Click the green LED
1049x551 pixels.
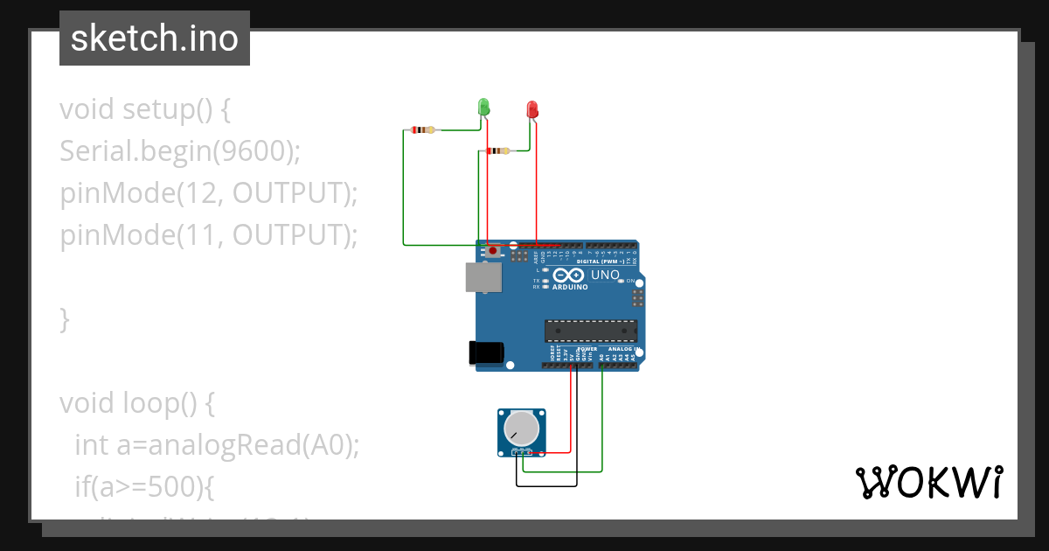pos(483,107)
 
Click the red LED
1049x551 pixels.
pos(532,109)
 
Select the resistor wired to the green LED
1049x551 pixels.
pos(423,130)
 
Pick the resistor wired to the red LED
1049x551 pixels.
pos(498,150)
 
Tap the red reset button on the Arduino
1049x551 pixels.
pos(493,251)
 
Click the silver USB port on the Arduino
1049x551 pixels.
pos(483,277)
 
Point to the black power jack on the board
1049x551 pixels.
pos(486,352)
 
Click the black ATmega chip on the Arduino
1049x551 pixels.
pos(591,331)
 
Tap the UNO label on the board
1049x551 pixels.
pos(605,275)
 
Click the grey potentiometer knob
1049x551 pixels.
pos(522,429)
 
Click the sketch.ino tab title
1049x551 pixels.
pos(155,38)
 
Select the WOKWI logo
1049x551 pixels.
pos(928,482)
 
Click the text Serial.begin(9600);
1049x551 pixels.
pos(180,151)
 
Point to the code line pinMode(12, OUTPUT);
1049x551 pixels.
pos(209,193)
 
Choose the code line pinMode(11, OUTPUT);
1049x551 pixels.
pos(209,235)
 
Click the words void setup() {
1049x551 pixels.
pos(145,109)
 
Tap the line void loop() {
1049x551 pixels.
pos(137,403)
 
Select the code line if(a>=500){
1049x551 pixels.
pos(144,487)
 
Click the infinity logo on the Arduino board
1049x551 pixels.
pos(568,275)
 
